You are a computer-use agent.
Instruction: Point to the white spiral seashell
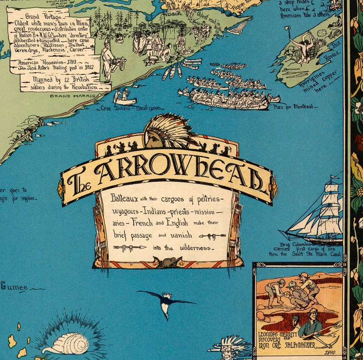pyautogui.click(x=72, y=344)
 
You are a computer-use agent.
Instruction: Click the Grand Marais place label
pyautogui.click(x=76, y=97)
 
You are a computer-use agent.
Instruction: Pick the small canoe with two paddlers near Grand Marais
pyautogui.click(x=124, y=97)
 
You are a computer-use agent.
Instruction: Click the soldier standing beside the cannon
pyautogui.click(x=107, y=59)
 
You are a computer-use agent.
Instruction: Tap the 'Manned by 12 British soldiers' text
pyautogui.click(x=66, y=82)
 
